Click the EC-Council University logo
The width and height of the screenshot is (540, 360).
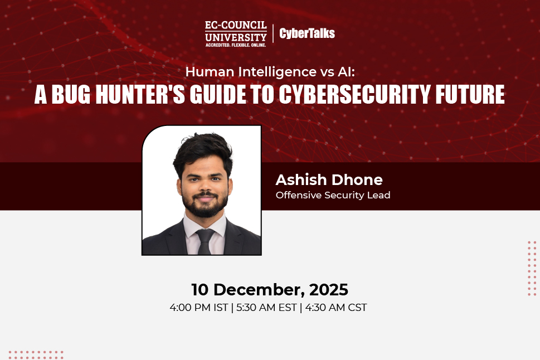236,33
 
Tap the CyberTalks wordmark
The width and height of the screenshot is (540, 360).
307,33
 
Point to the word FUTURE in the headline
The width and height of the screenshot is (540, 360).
470,95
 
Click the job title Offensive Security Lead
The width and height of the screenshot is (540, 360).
333,195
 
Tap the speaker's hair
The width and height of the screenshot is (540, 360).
202,147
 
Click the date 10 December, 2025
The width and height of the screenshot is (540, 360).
270,290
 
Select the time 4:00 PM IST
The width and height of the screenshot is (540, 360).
198,307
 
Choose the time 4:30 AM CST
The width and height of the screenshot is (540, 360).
334,307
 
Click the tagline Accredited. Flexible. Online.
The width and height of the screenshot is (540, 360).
236,44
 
